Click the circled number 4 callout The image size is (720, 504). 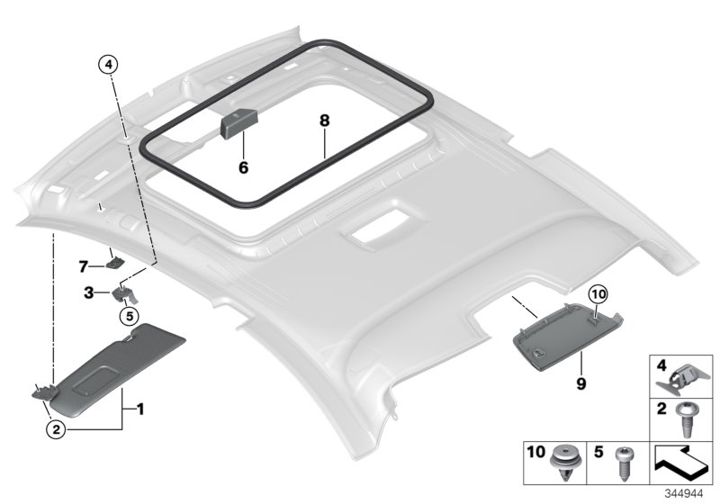click(x=107, y=64)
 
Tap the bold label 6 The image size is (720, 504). click(x=242, y=166)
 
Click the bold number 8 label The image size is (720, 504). click(x=324, y=119)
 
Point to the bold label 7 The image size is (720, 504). click(x=83, y=266)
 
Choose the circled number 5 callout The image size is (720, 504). click(x=128, y=316)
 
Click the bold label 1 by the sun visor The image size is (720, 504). click(x=139, y=409)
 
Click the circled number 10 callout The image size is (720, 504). click(x=599, y=294)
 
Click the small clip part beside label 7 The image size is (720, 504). click(x=116, y=263)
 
